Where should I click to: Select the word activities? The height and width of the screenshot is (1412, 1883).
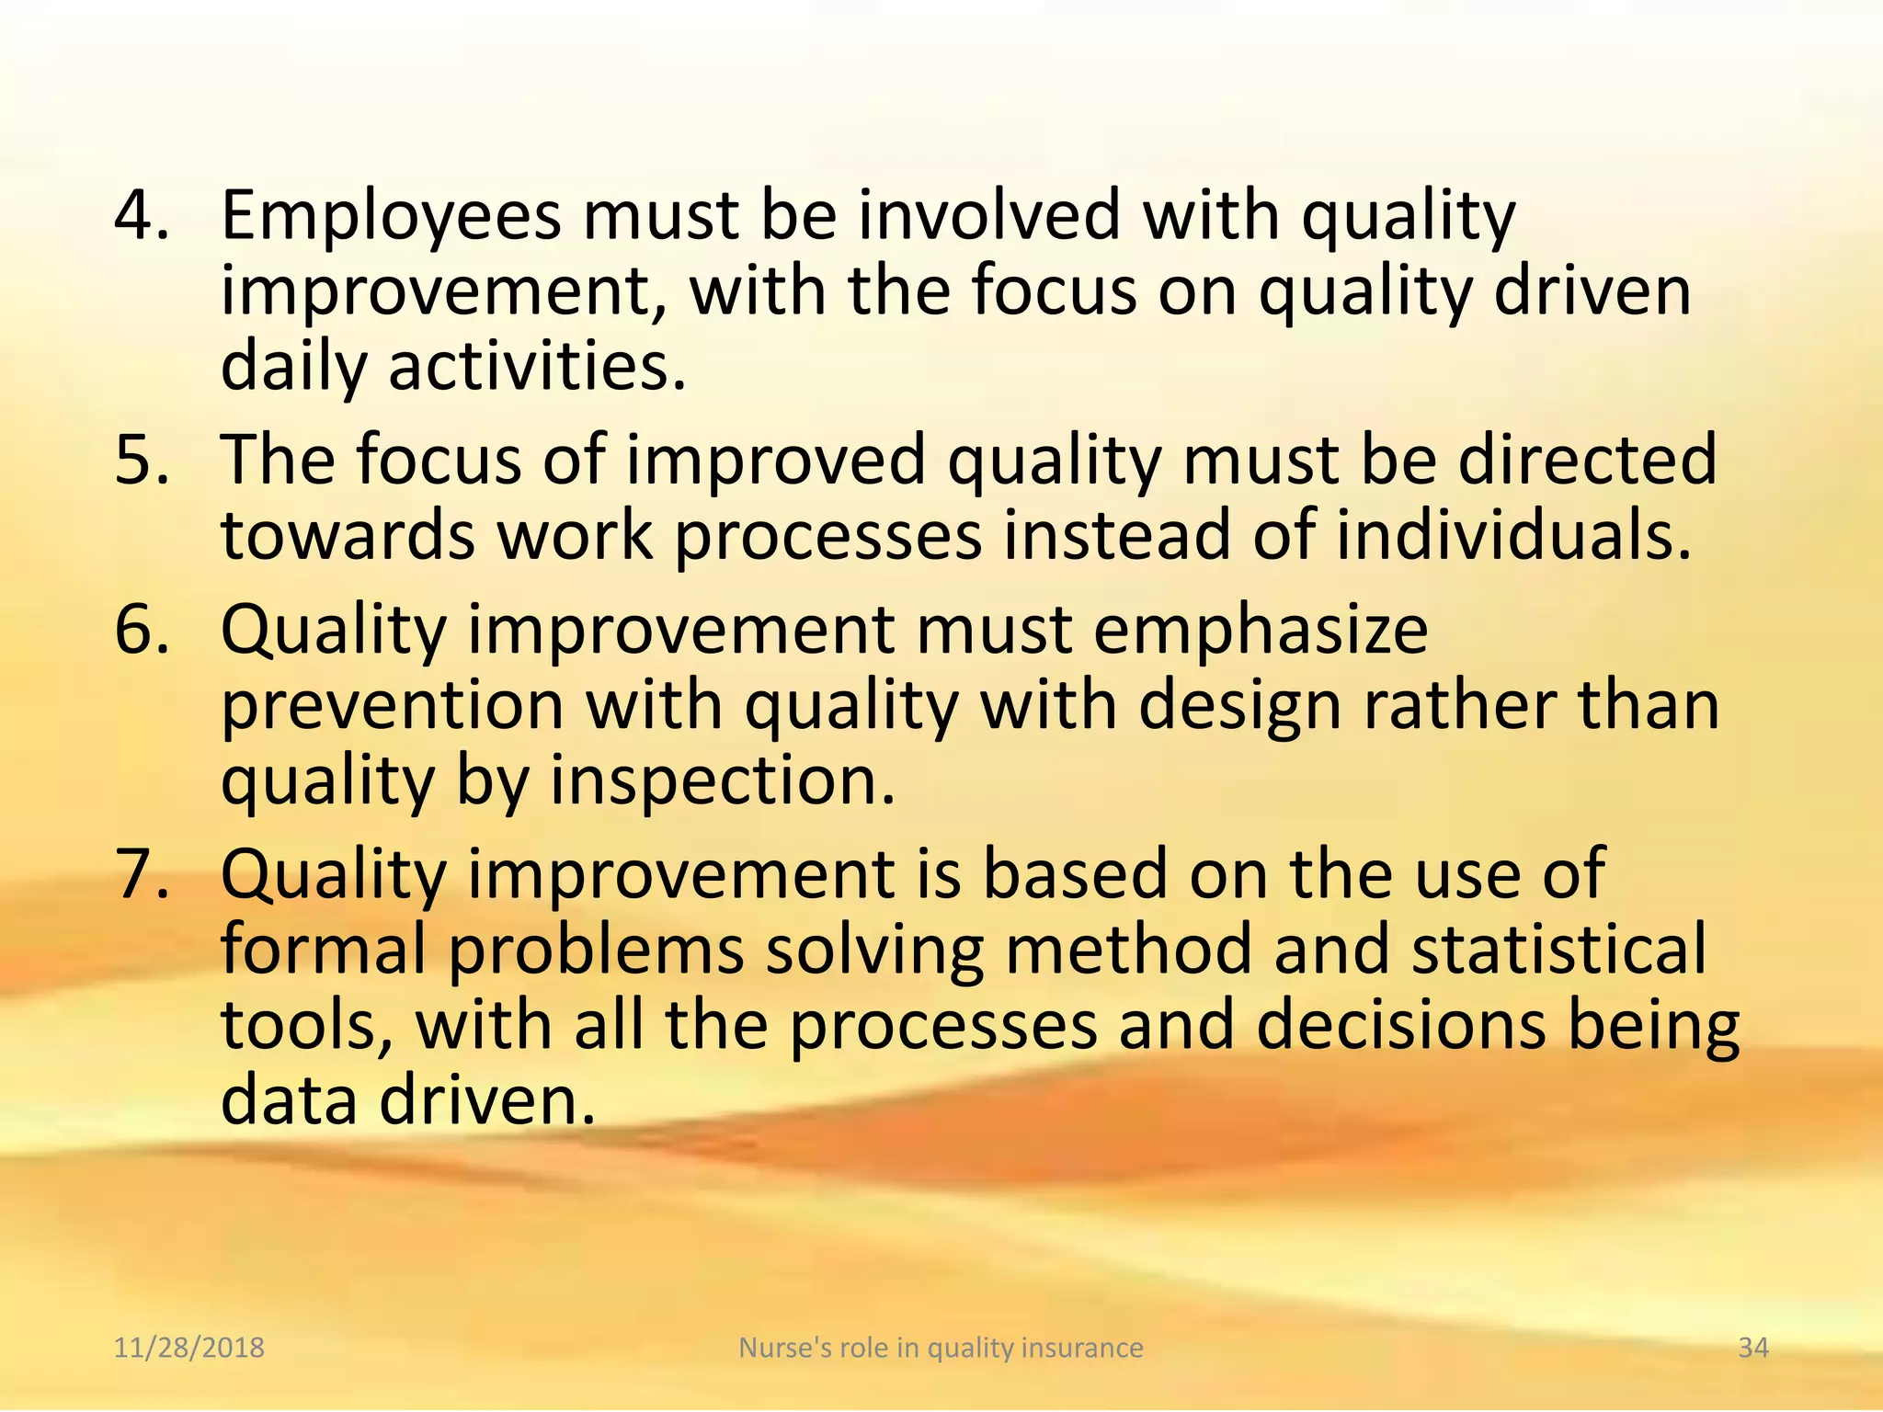[538, 366]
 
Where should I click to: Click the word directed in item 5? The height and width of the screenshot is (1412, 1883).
[1587, 460]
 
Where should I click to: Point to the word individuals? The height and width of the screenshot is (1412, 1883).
[1513, 536]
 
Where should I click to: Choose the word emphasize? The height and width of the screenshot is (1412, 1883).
[1261, 632]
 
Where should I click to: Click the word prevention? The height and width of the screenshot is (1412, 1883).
[393, 706]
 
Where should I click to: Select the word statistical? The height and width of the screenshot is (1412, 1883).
[1558, 950]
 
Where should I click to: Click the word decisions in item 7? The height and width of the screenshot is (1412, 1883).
[1400, 1026]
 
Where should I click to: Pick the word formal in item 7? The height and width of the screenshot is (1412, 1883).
[324, 950]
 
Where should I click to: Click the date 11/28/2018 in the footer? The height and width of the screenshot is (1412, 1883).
[189, 1348]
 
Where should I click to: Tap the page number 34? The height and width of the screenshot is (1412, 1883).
[1753, 1348]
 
